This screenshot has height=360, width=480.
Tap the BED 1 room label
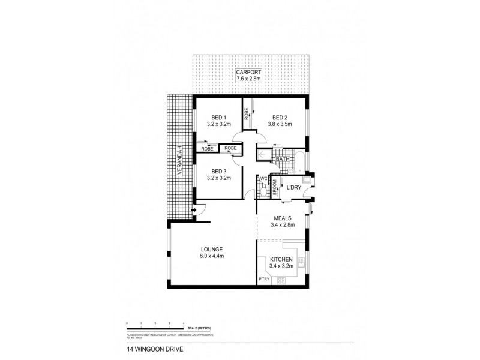pyautogui.click(x=217, y=117)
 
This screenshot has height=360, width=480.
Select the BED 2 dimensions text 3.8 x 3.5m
pyautogui.click(x=280, y=124)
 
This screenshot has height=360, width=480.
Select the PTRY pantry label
pyautogui.click(x=263, y=280)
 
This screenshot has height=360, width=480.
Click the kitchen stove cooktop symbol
pyautogui.click(x=282, y=280)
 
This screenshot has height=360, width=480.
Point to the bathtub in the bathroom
pyautogui.click(x=295, y=160)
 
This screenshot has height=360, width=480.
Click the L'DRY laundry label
pyautogui.click(x=293, y=188)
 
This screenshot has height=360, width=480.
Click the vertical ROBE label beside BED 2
pyautogui.click(x=246, y=113)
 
